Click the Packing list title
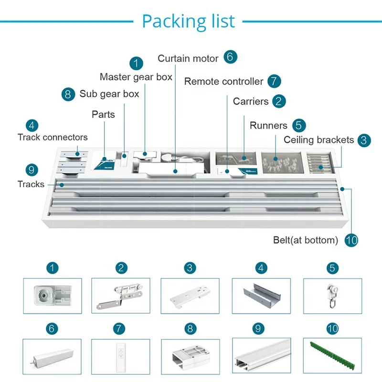(189, 21)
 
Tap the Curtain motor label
(188, 59)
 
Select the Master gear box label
(136, 77)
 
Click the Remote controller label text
(223, 82)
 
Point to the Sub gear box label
(109, 94)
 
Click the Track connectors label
(53, 138)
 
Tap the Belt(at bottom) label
(306, 240)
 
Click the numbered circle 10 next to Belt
(351, 240)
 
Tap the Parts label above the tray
(103, 115)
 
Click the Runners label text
(268, 126)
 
